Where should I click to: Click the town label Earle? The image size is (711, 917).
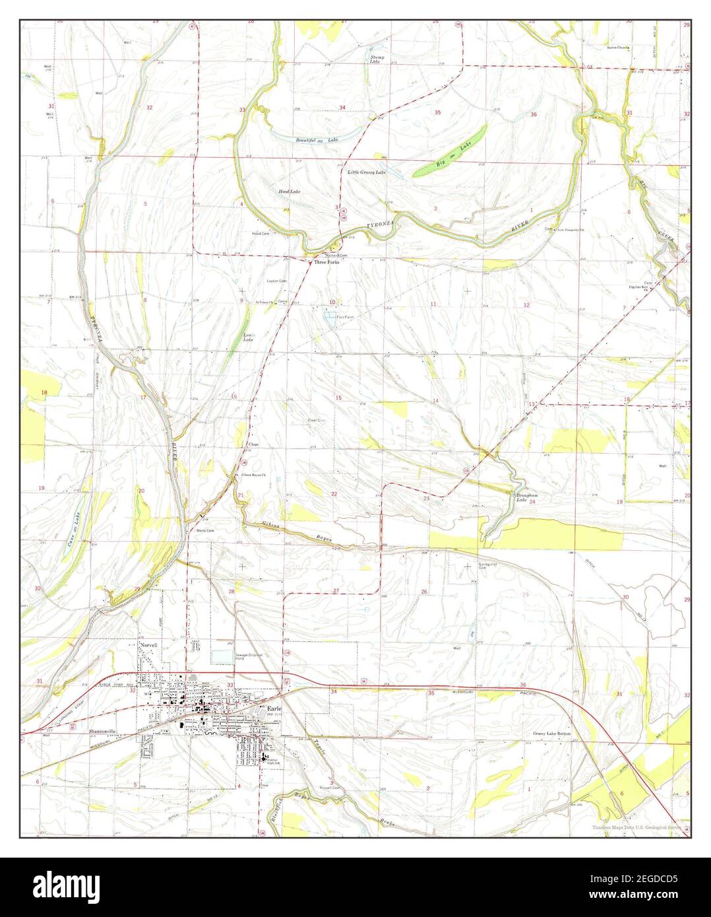272,709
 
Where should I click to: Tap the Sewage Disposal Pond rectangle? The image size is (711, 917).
220,654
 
